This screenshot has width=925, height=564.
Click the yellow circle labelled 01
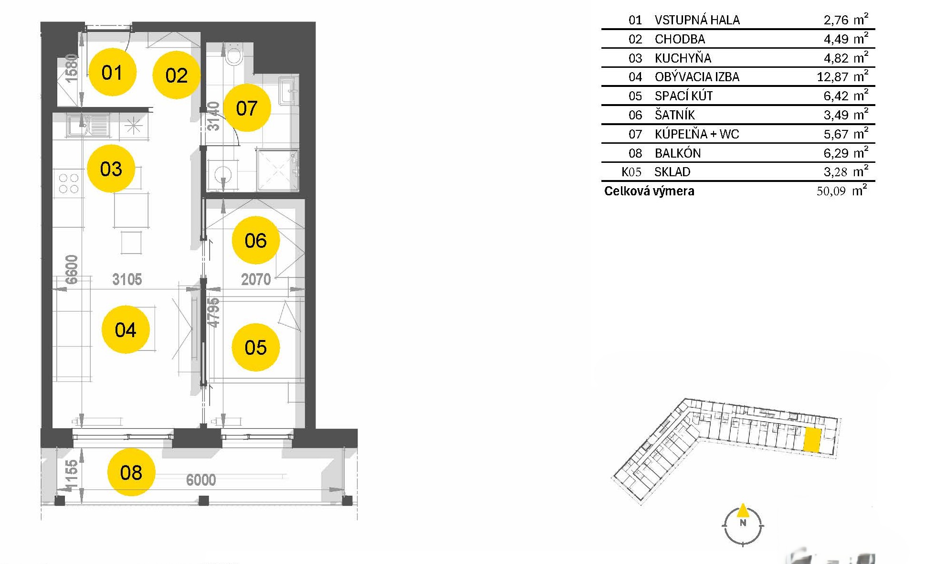pyautogui.click(x=113, y=72)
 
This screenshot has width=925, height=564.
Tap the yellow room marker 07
pyautogui.click(x=247, y=108)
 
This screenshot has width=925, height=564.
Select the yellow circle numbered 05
pyautogui.click(x=255, y=347)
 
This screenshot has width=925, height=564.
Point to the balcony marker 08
pyautogui.click(x=131, y=472)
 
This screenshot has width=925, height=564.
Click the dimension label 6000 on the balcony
pyautogui.click(x=201, y=479)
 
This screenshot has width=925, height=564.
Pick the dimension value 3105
pyautogui.click(x=127, y=279)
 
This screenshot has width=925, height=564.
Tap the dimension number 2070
pyautogui.click(x=256, y=279)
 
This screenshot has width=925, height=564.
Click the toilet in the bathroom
pyautogui.click(x=234, y=54)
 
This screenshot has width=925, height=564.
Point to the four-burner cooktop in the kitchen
pyautogui.click(x=68, y=183)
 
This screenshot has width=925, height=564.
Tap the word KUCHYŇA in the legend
pyautogui.click(x=683, y=58)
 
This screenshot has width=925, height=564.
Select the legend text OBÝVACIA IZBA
pyautogui.click(x=697, y=76)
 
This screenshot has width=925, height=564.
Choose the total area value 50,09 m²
pyautogui.click(x=842, y=191)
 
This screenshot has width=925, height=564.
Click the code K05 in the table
pyautogui.click(x=631, y=172)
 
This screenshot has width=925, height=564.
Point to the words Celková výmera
pyautogui.click(x=649, y=191)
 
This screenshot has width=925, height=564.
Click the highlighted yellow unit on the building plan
pyautogui.click(x=812, y=440)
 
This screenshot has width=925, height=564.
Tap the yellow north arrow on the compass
pyautogui.click(x=743, y=511)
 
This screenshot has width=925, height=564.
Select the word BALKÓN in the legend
pyautogui.click(x=678, y=153)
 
